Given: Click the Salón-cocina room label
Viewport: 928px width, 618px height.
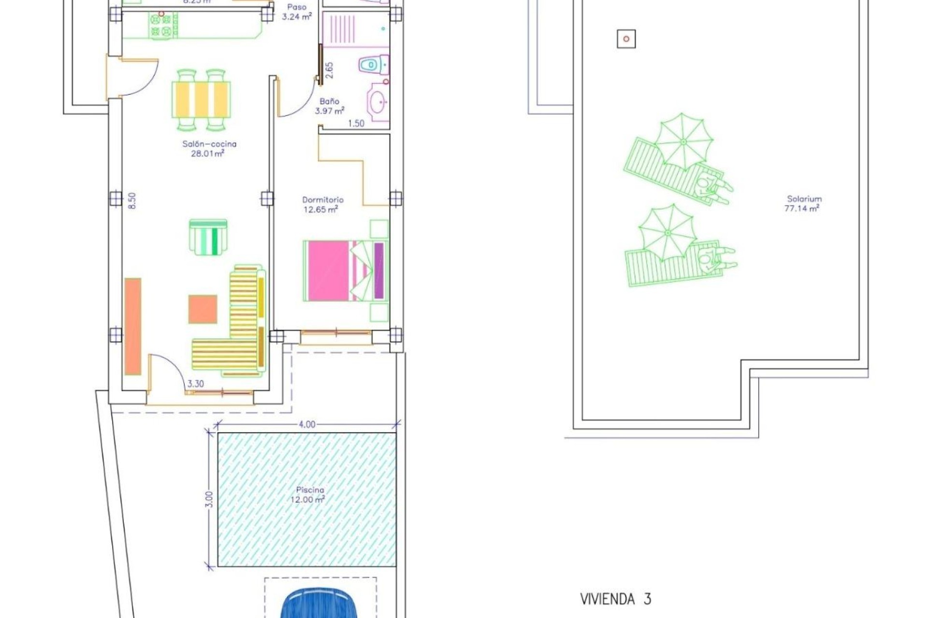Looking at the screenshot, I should (209, 149).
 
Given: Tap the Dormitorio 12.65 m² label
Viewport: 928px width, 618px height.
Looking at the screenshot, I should (322, 204).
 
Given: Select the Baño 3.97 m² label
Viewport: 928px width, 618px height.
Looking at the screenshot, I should (329, 106).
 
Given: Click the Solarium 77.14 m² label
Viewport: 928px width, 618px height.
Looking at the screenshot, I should (803, 203).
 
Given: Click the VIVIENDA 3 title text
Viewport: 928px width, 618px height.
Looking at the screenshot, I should (615, 599).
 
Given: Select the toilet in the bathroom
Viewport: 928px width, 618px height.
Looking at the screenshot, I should (373, 64).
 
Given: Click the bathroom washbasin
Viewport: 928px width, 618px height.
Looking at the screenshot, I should (378, 102).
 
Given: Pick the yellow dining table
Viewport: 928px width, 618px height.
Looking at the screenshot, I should (201, 99).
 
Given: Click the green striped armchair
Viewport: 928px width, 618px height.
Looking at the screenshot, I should (208, 237).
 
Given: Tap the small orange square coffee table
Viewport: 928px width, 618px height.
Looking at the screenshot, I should (203, 309).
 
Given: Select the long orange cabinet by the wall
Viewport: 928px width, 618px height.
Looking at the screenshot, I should (133, 326).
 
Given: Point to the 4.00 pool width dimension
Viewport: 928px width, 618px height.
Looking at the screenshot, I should (307, 424).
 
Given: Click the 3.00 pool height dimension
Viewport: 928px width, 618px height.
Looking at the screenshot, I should (209, 499).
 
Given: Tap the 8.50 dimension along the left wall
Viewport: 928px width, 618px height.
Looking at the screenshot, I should (132, 200).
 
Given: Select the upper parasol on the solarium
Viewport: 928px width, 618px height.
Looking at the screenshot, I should (683, 141).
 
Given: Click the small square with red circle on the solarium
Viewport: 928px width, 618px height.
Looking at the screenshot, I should (626, 39).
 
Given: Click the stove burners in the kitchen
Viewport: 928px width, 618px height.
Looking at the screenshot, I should (161, 26).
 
